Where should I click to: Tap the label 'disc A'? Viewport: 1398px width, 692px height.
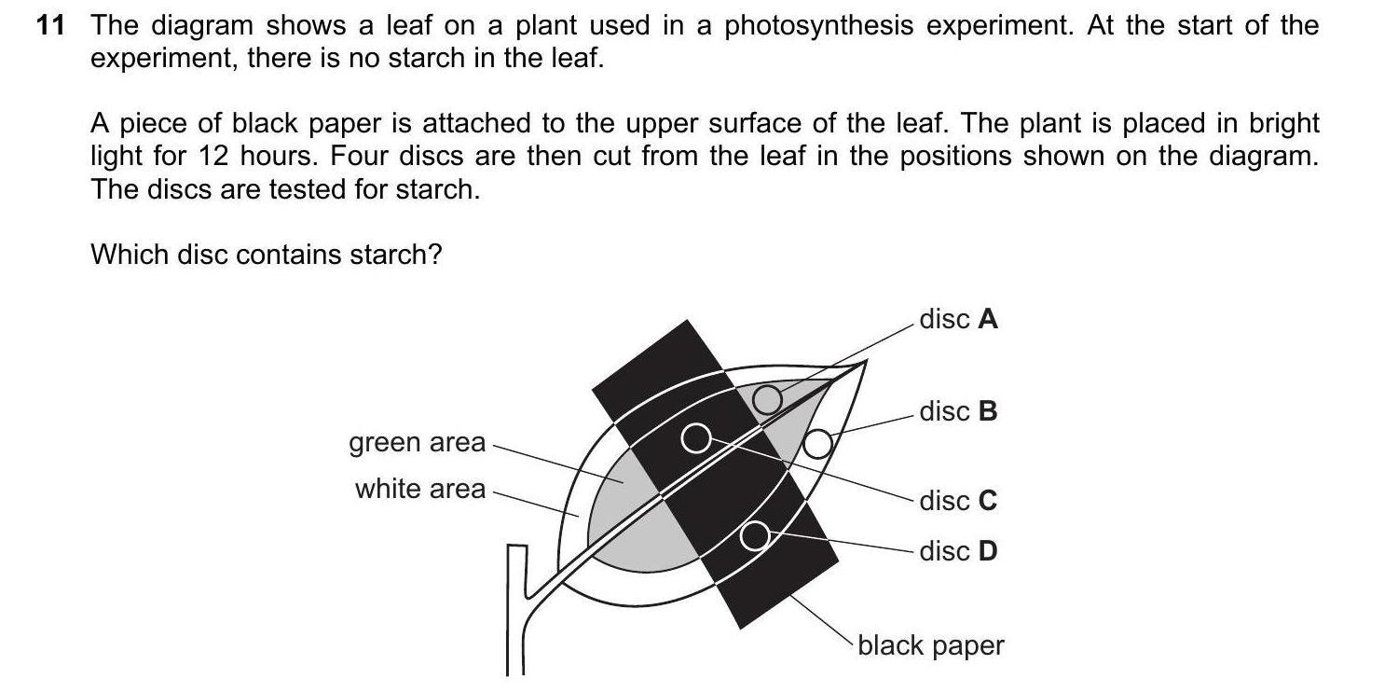(958, 320)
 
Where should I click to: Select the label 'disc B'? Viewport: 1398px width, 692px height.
(958, 411)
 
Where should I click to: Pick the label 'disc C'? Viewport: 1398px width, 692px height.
(958, 501)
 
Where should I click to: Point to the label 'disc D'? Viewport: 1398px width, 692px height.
(958, 551)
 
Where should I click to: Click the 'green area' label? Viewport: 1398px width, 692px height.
(418, 442)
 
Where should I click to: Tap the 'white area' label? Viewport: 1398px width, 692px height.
(420, 489)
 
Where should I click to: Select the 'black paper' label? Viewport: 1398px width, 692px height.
(931, 645)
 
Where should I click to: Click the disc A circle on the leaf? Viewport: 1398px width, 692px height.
(767, 399)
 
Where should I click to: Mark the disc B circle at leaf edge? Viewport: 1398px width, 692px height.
(817, 444)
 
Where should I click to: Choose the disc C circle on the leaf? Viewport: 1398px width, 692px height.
(695, 437)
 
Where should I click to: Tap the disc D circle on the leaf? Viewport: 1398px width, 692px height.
(755, 535)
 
